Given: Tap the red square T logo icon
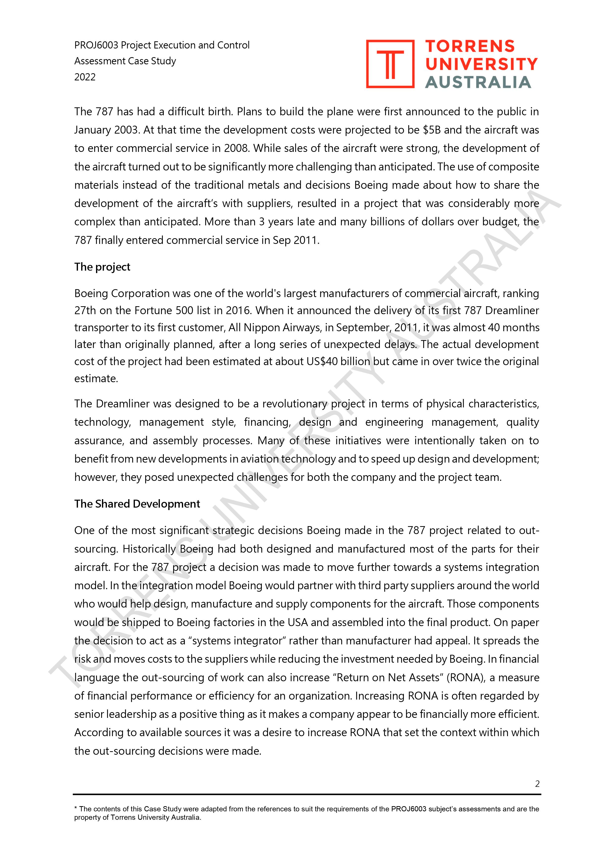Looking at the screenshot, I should click(x=390, y=64).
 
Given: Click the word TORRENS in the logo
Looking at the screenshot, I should click(x=470, y=47).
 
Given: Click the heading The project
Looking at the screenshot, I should click(x=102, y=267).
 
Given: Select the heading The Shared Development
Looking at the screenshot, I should click(x=137, y=504).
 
